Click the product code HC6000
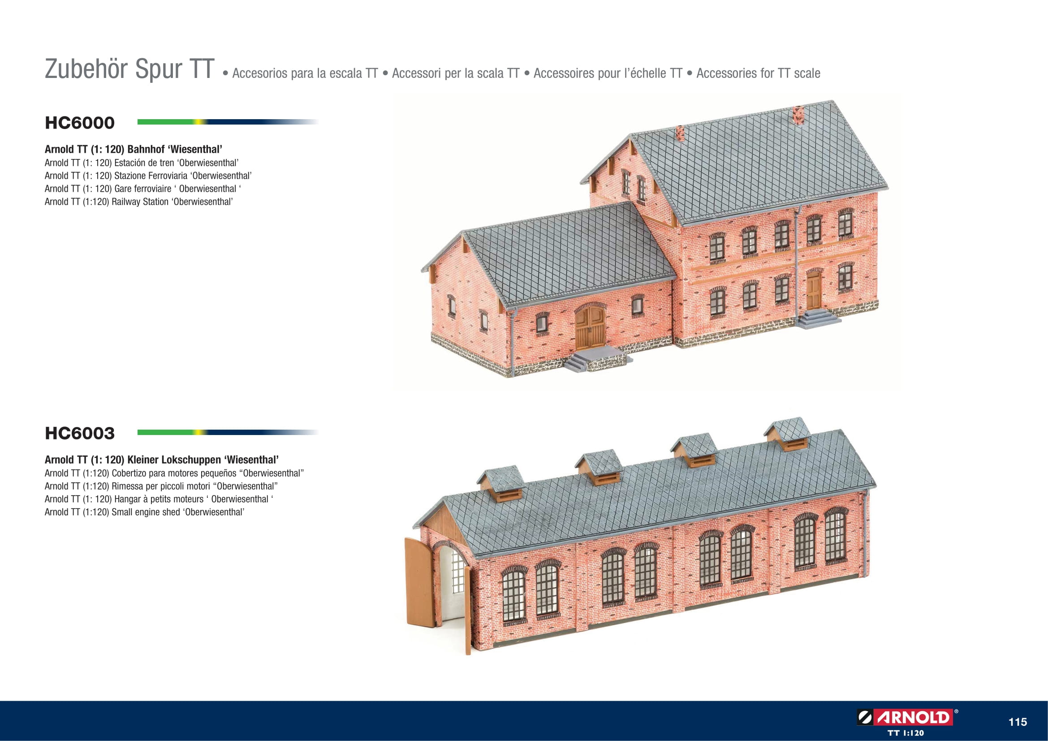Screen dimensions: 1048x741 click(x=79, y=123)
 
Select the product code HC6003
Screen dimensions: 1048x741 click(x=79, y=433)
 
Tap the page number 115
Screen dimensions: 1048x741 click(x=1018, y=722)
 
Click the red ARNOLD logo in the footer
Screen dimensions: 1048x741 click(x=907, y=717)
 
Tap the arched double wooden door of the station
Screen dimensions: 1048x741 click(x=590, y=327)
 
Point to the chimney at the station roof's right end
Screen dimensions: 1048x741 click(x=798, y=115)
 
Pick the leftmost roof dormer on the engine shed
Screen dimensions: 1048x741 click(x=501, y=484)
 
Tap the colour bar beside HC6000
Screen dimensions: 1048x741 click(x=228, y=122)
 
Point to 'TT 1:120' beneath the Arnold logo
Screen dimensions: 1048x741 click(x=906, y=733)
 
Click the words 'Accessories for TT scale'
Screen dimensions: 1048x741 click(x=758, y=73)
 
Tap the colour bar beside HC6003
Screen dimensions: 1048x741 click(x=228, y=432)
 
